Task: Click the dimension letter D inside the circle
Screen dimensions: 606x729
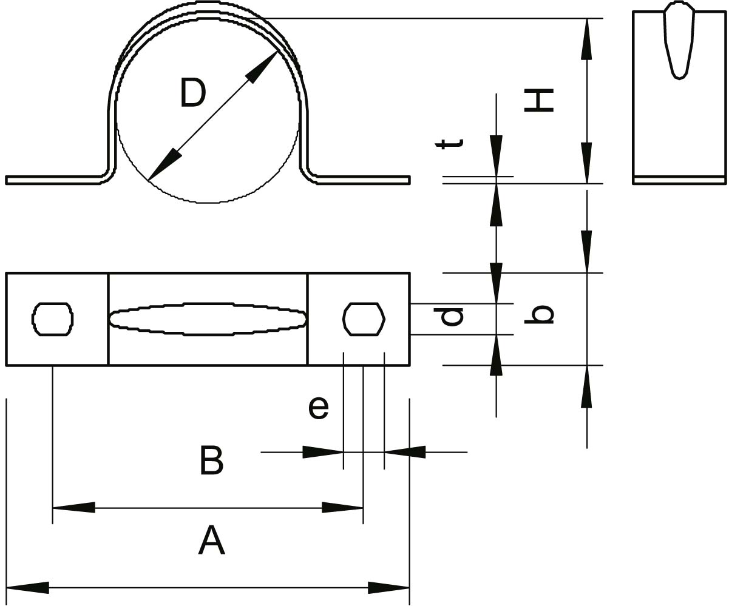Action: click(193, 93)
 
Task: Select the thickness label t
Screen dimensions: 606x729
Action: click(450, 143)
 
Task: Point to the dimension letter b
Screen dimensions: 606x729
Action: click(539, 314)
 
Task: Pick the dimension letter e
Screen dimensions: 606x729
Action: click(319, 408)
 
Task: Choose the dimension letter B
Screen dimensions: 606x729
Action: click(211, 461)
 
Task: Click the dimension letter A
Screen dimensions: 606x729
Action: click(211, 540)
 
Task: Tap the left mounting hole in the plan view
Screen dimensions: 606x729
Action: click(53, 318)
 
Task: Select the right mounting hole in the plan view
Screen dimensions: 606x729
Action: click(364, 318)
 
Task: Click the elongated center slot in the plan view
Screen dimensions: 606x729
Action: click(208, 318)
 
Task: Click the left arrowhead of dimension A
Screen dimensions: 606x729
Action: click(27, 587)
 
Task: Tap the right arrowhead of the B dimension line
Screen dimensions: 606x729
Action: click(342, 507)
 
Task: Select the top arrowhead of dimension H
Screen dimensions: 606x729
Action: click(586, 39)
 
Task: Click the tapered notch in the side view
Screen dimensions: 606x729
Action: click(679, 42)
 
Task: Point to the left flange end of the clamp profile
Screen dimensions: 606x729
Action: click(8, 180)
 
